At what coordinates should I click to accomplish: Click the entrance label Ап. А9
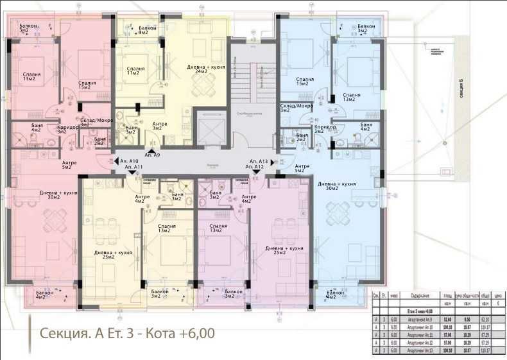click(x=153, y=155)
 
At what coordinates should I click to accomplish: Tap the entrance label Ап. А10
click(x=129, y=161)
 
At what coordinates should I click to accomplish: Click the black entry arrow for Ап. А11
click(x=132, y=172)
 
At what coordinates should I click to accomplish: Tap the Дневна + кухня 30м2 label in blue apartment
click(x=337, y=186)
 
